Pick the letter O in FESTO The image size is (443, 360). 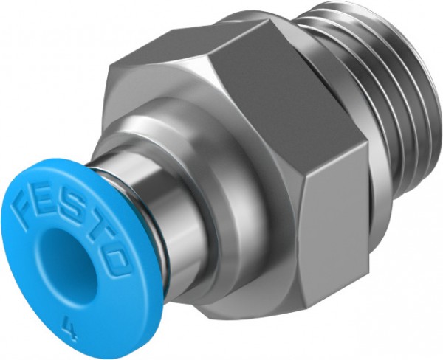point(112,255)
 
